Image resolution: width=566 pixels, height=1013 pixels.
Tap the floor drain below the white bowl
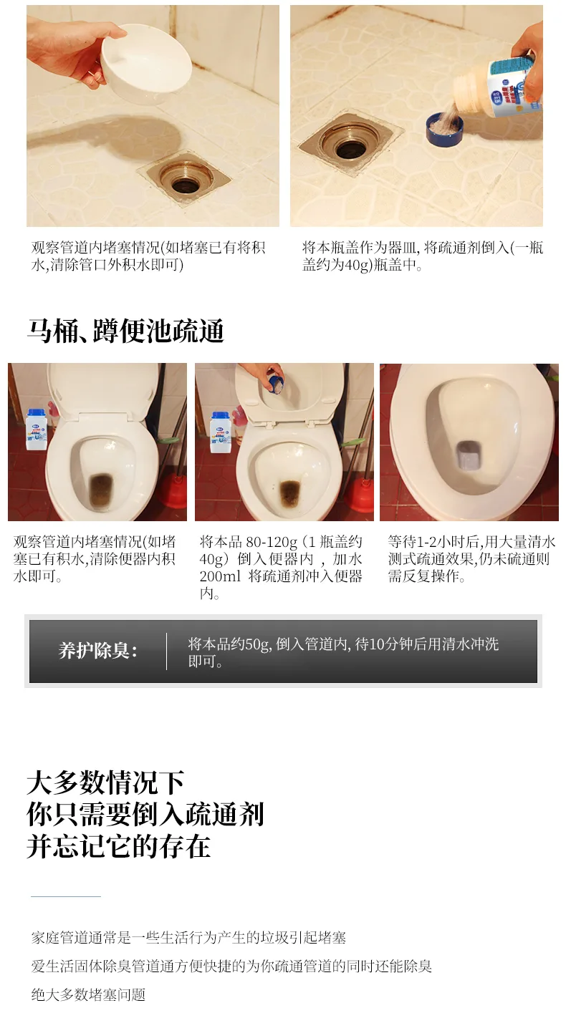point(185,178)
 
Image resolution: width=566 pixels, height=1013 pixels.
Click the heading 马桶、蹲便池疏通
point(126,331)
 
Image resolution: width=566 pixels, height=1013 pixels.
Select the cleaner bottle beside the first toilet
point(37,429)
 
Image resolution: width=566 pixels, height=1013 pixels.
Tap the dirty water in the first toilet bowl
point(102,490)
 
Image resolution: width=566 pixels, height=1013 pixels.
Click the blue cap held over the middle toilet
point(276,385)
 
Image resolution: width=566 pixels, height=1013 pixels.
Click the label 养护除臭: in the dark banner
point(97,651)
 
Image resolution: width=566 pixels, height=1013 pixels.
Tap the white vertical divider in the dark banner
point(166,651)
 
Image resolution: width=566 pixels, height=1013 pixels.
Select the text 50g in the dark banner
point(257,644)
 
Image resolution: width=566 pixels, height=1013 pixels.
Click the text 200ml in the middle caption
point(220,576)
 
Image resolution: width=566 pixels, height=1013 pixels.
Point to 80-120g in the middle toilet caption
point(272,542)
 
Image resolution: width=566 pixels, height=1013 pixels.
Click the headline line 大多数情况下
point(106,783)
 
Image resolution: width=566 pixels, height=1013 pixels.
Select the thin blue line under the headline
point(66,896)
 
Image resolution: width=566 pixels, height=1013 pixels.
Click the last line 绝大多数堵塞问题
point(88,995)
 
